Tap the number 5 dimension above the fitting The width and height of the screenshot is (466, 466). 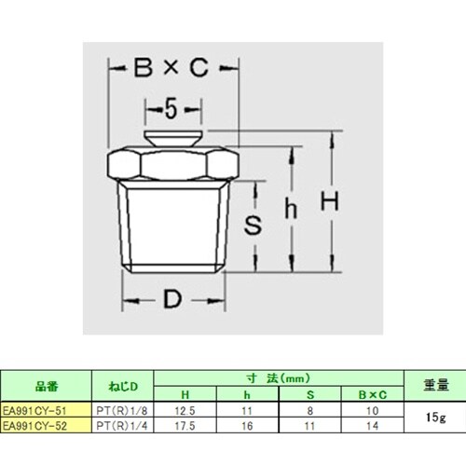coord(171,110)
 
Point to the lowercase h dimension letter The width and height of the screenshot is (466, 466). coord(291,211)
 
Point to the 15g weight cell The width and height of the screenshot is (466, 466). coord(433,417)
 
